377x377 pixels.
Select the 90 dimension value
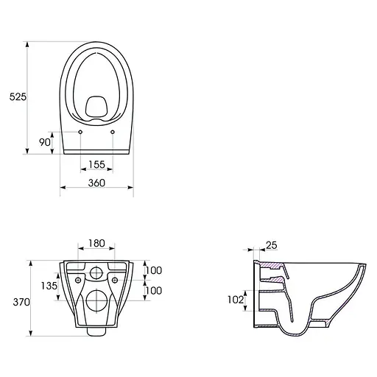coord(44,142)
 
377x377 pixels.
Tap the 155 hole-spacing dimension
coord(96,165)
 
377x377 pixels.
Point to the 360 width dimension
coord(96,182)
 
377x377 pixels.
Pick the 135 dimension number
coord(49,286)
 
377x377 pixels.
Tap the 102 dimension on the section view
coord(236,300)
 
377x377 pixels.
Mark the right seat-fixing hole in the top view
coord(113,133)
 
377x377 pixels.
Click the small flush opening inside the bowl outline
coord(96,107)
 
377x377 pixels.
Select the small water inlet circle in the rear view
coord(96,275)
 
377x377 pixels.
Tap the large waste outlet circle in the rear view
coord(96,300)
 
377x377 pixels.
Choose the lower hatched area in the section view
coord(271,281)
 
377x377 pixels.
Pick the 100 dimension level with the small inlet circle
coord(155,270)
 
